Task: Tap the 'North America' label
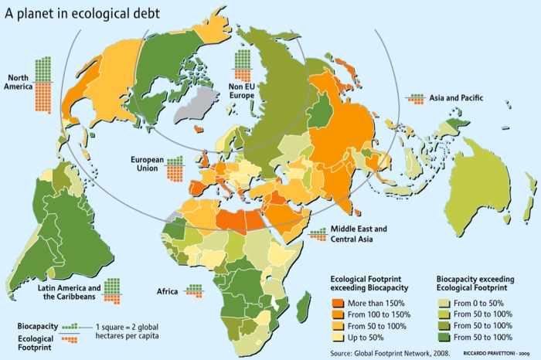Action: point(20,82)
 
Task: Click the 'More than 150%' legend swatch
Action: point(337,301)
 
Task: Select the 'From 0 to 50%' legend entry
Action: point(480,301)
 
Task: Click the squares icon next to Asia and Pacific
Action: point(417,98)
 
